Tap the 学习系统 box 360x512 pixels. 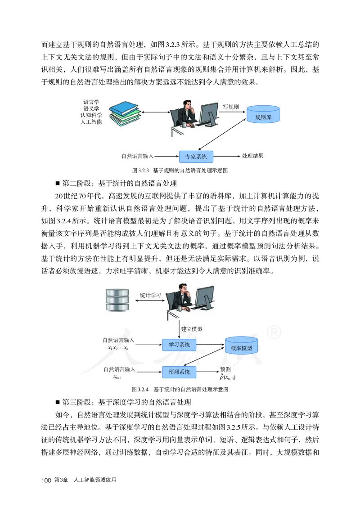pyautogui.click(x=179, y=345)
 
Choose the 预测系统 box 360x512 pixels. pyautogui.click(x=179, y=372)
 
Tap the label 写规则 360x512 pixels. pyautogui.click(x=231, y=107)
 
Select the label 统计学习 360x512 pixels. pyautogui.click(x=150, y=295)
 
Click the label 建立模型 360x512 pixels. pyautogui.click(x=192, y=328)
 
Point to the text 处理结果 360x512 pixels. pyautogui.click(x=252, y=156)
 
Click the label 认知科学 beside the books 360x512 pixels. pyautogui.click(x=91, y=115)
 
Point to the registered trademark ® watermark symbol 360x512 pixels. pyautogui.click(x=274, y=333)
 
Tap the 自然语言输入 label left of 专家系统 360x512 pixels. pyautogui.click(x=138, y=157)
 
